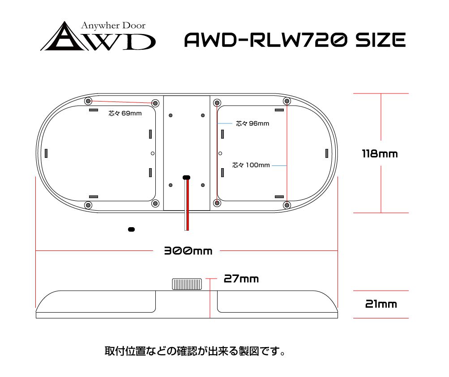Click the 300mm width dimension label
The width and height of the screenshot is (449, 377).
tap(188, 251)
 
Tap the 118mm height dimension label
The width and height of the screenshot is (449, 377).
tap(380, 154)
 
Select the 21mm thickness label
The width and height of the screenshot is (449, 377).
tap(381, 304)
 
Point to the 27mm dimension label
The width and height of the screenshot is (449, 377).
tap(241, 279)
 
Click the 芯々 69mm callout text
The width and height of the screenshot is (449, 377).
tap(125, 113)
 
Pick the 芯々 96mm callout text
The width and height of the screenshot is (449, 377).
tap(252, 123)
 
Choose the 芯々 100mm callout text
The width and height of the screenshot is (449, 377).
tap(251, 165)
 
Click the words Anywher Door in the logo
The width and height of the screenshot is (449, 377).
tap(113, 26)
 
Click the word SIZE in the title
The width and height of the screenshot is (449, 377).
tap(381, 40)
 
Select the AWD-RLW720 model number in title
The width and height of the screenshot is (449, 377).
tap(266, 40)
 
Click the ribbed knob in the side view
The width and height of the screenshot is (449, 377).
tap(187, 284)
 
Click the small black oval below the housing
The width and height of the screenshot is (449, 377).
tap(132, 229)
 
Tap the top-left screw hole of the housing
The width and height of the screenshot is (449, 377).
tap(88, 101)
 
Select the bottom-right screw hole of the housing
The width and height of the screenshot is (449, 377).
tap(287, 205)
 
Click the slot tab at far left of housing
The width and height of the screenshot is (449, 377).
tap(46, 153)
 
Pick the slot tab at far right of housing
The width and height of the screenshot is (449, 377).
tap(327, 153)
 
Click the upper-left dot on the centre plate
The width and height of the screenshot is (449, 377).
tap(171, 115)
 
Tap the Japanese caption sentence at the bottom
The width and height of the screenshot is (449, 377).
tap(195, 351)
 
